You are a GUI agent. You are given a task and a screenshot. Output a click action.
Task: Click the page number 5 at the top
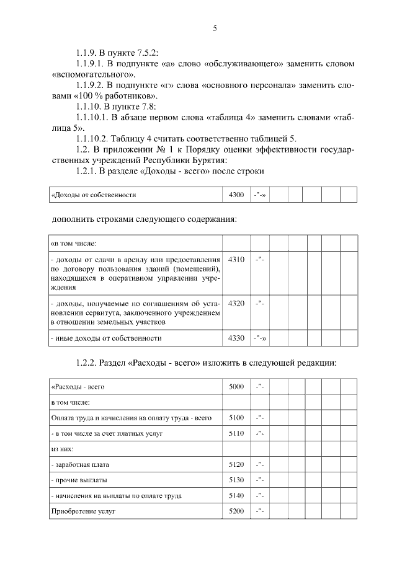point(215,28)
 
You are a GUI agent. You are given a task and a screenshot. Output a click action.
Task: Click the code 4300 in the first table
point(236,195)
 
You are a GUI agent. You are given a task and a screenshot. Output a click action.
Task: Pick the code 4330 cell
point(236,338)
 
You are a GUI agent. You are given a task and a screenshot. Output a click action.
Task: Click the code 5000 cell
point(236,387)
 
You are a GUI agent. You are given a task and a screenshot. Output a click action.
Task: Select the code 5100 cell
point(236,418)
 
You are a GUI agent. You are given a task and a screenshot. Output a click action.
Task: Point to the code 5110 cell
point(236,433)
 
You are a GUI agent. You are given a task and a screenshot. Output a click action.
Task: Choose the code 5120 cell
point(236,464)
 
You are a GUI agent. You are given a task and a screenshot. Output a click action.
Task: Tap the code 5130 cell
point(236,480)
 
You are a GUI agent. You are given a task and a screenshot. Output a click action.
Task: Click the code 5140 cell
point(236,496)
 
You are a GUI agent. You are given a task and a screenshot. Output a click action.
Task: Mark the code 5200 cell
point(236,512)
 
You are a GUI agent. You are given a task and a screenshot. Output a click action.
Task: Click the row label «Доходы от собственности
point(93,195)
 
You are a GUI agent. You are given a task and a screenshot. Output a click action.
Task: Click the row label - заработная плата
point(81,464)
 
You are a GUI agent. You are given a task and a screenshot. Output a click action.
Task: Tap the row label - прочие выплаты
point(78,480)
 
